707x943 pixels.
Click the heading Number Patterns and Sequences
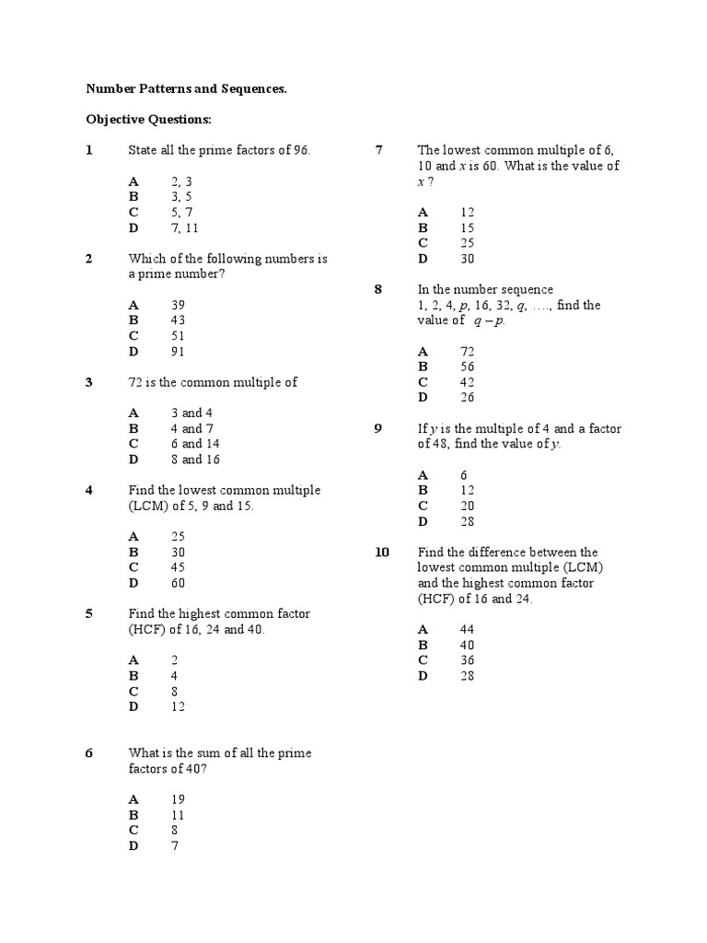coord(186,89)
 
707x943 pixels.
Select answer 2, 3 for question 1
coord(181,181)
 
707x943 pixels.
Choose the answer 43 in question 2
coord(179,320)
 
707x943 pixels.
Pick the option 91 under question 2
coord(179,351)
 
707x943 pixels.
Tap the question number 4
coord(89,490)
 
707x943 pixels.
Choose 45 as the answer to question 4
coord(179,567)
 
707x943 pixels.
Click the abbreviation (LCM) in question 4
coord(150,506)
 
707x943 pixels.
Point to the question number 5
coord(89,613)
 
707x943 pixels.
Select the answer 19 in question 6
coord(179,799)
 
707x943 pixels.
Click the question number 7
coord(378,150)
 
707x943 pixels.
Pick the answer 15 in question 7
coord(467,227)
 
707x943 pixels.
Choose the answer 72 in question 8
coord(467,351)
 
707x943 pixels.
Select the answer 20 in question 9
coord(467,506)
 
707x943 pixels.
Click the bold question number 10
coord(382,552)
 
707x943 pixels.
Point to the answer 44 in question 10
coord(467,629)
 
